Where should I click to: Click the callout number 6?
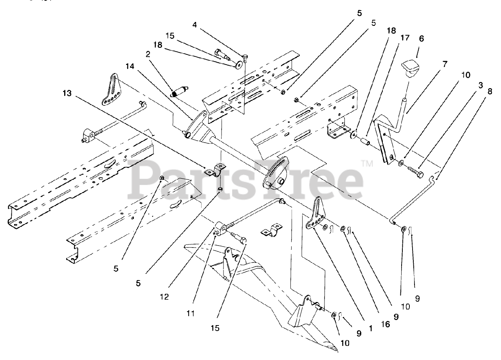(x=410, y=39)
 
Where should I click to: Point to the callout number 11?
(x=190, y=313)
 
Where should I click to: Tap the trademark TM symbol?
(x=367, y=163)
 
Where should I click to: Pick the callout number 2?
(x=148, y=54)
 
